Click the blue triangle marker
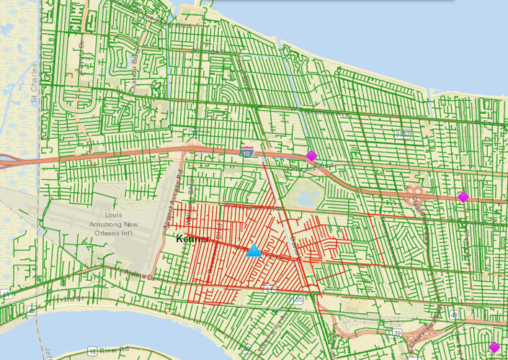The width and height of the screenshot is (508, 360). click(x=254, y=251)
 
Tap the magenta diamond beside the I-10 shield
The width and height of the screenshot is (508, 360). click(x=311, y=156)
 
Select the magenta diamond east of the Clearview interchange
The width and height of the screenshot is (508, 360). click(x=463, y=197)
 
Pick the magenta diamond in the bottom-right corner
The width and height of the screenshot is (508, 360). click(x=494, y=347)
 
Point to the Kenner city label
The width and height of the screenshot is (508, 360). click(x=192, y=238)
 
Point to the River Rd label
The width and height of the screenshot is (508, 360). click(x=112, y=351)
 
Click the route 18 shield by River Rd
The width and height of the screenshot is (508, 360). click(x=92, y=351)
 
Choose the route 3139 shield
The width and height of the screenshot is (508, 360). click(x=396, y=333)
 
